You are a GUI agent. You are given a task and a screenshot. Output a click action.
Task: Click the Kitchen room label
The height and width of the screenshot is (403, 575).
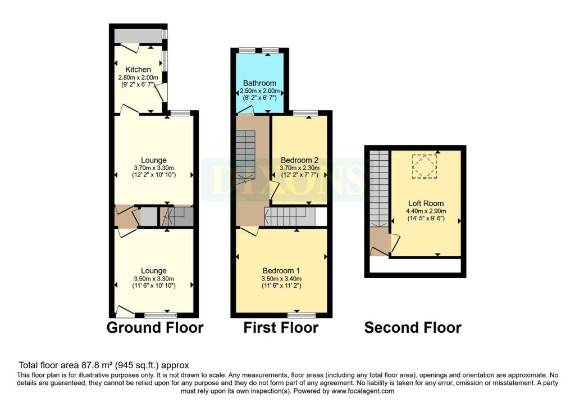click(x=138, y=69)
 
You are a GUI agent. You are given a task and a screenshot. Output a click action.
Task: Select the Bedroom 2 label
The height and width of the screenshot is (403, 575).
click(x=300, y=160)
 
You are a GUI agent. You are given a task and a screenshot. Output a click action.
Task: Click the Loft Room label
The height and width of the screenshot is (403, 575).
click(x=426, y=203)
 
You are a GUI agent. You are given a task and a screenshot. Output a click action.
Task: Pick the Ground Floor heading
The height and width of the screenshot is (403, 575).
click(x=155, y=327)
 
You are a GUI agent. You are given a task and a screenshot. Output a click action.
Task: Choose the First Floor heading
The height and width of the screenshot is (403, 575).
click(x=281, y=327)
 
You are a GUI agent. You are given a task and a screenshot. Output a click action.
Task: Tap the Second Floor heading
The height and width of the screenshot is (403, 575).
click(x=413, y=327)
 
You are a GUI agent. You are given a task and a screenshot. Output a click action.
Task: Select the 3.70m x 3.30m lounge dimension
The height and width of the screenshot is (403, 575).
click(x=154, y=167)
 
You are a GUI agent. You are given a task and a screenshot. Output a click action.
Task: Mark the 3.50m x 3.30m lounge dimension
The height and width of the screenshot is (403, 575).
click(x=154, y=278)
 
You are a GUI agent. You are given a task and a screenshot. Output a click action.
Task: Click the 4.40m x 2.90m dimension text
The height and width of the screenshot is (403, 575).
click(x=426, y=211)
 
